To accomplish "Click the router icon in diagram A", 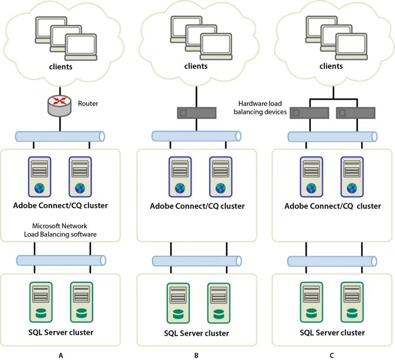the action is tap(60, 106).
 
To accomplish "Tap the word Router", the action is tap(88, 104).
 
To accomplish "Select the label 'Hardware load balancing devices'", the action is tap(260, 107).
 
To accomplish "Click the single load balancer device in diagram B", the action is tap(197, 113).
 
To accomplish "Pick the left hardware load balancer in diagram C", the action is tap(310, 113).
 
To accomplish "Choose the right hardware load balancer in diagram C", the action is tap(356, 113).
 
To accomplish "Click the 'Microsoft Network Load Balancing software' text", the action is tap(60, 230).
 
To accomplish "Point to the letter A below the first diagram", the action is tap(60, 355).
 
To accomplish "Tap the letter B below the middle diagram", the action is tap(196, 355).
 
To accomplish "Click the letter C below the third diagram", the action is tap(332, 355).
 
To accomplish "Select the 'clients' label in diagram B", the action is tap(196, 66).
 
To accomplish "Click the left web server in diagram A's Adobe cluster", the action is tap(40, 177).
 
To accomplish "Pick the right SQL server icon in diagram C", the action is tap(352, 302).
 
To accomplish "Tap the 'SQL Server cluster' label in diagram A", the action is tap(60, 332).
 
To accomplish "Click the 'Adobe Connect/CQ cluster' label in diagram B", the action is tap(197, 206).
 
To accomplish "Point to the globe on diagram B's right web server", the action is tap(221, 188).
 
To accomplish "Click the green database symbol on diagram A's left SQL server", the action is tap(41, 313).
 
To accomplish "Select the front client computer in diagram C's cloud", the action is tap(351, 47).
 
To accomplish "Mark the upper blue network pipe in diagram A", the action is tap(60, 136).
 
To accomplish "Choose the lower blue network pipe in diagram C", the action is tap(332, 261).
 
